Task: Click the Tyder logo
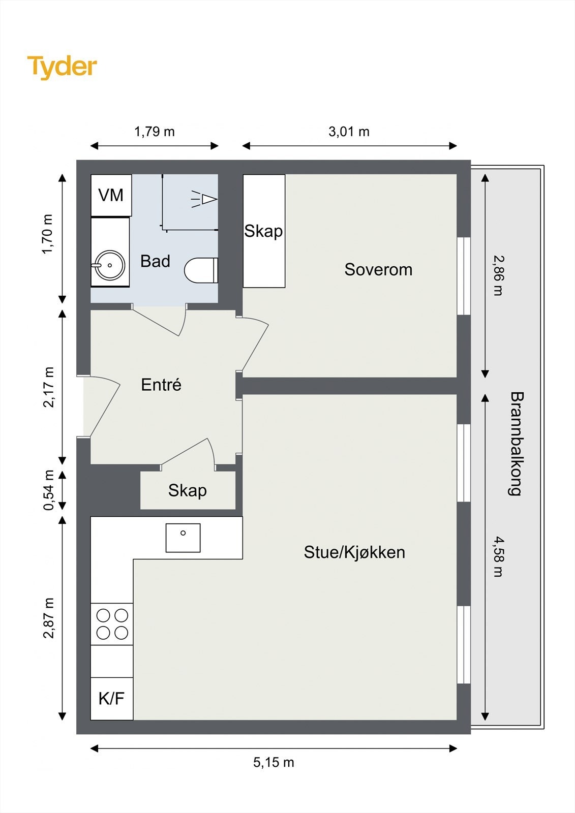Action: click(x=62, y=67)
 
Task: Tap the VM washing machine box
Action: click(x=111, y=195)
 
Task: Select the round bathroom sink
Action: click(x=109, y=265)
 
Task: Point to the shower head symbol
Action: click(x=205, y=199)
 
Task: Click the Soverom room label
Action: click(x=378, y=269)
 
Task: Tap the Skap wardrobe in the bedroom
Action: click(x=263, y=231)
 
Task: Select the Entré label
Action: click(x=161, y=385)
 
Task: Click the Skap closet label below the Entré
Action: click(x=187, y=490)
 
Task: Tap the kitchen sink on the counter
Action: click(x=183, y=538)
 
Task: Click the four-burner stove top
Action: click(x=112, y=624)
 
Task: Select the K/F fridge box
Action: click(x=111, y=698)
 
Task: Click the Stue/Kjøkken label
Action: click(x=354, y=552)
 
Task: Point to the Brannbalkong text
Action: click(x=516, y=443)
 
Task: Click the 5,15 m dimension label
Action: click(x=274, y=762)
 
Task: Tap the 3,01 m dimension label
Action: click(x=349, y=132)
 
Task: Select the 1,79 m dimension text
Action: click(x=154, y=132)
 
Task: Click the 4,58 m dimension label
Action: click(x=498, y=556)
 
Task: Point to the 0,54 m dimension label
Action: click(x=49, y=490)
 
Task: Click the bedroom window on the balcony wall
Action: click(x=464, y=276)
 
